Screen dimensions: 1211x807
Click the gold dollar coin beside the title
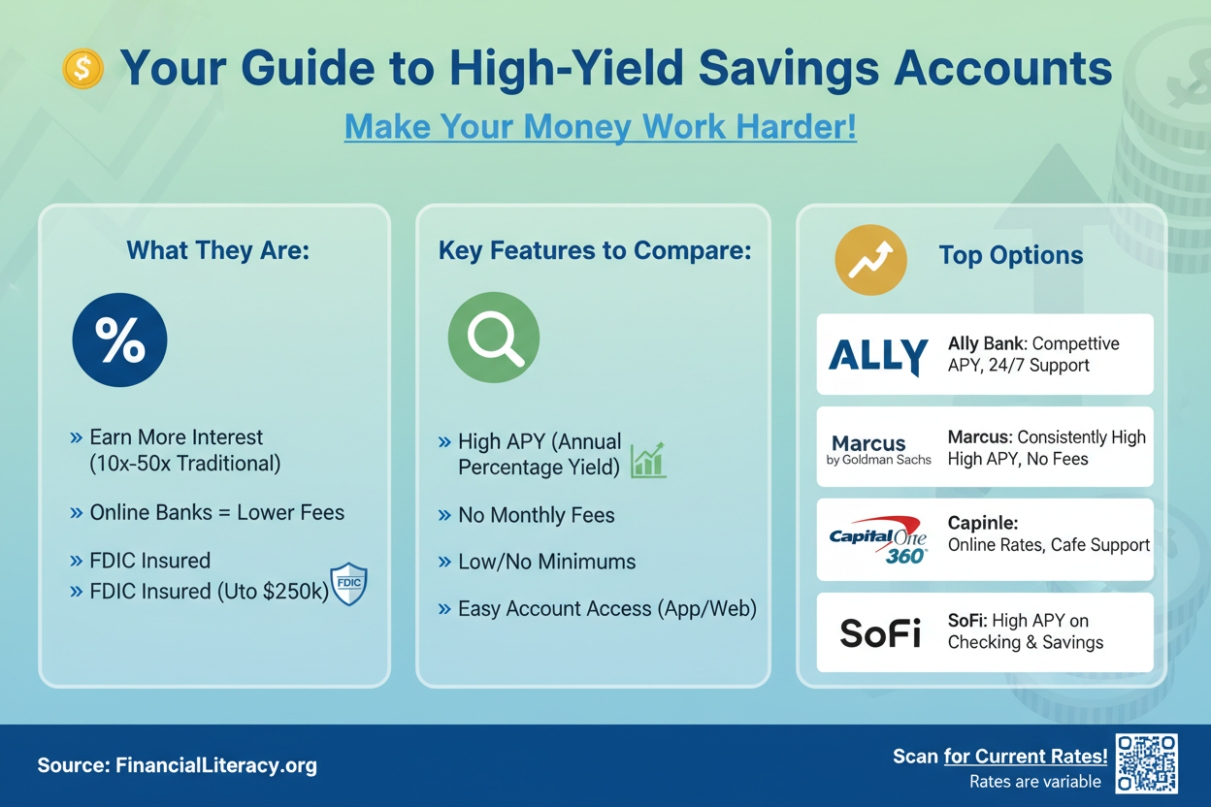click(x=82, y=69)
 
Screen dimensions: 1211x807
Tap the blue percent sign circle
click(x=119, y=340)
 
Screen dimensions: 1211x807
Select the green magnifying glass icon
click(x=494, y=338)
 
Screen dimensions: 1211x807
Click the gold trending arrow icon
click(x=870, y=259)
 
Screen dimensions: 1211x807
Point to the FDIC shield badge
click(x=348, y=584)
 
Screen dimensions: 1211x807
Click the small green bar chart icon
click(x=648, y=460)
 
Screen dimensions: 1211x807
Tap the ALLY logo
click(x=878, y=356)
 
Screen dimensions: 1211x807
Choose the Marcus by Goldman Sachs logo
click(x=878, y=449)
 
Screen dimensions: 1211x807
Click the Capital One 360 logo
click(x=878, y=539)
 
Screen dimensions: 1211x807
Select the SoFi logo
click(x=880, y=633)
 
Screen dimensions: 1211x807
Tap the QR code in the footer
click(x=1146, y=763)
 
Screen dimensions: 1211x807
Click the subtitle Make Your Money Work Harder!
click(x=600, y=126)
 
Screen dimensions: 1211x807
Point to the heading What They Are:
click(x=218, y=250)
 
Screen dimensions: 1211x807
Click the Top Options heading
click(x=1011, y=255)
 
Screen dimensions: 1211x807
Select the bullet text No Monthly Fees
click(x=537, y=515)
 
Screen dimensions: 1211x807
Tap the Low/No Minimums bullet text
click(x=546, y=562)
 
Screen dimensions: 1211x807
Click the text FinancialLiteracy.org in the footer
click(x=216, y=765)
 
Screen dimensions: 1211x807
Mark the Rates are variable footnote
click(x=1035, y=782)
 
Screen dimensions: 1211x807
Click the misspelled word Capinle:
click(x=983, y=523)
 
